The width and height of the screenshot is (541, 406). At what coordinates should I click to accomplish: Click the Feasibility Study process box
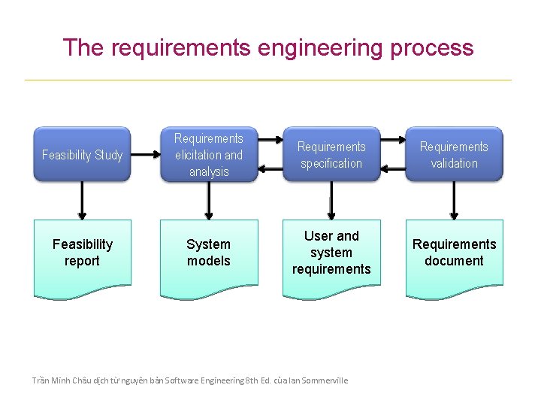tap(82, 155)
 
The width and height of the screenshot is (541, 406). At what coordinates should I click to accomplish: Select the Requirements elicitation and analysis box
tap(208, 155)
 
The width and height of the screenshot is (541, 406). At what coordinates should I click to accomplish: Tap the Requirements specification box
tap(331, 155)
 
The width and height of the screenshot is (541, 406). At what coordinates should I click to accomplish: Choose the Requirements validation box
tap(454, 155)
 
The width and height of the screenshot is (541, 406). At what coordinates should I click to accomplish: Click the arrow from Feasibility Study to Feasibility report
tap(82, 200)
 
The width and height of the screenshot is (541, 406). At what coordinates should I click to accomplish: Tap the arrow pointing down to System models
tap(208, 200)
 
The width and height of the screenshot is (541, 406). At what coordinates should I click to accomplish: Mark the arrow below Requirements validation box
tap(454, 200)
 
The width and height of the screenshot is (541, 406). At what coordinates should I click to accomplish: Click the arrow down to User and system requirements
tap(331, 200)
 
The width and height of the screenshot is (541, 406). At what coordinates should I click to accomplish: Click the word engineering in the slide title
tap(320, 48)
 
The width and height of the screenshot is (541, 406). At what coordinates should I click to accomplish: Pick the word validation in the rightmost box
tap(454, 163)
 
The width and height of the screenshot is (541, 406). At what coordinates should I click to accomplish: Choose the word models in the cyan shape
tap(208, 261)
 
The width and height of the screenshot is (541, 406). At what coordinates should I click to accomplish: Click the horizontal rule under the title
tap(268, 80)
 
